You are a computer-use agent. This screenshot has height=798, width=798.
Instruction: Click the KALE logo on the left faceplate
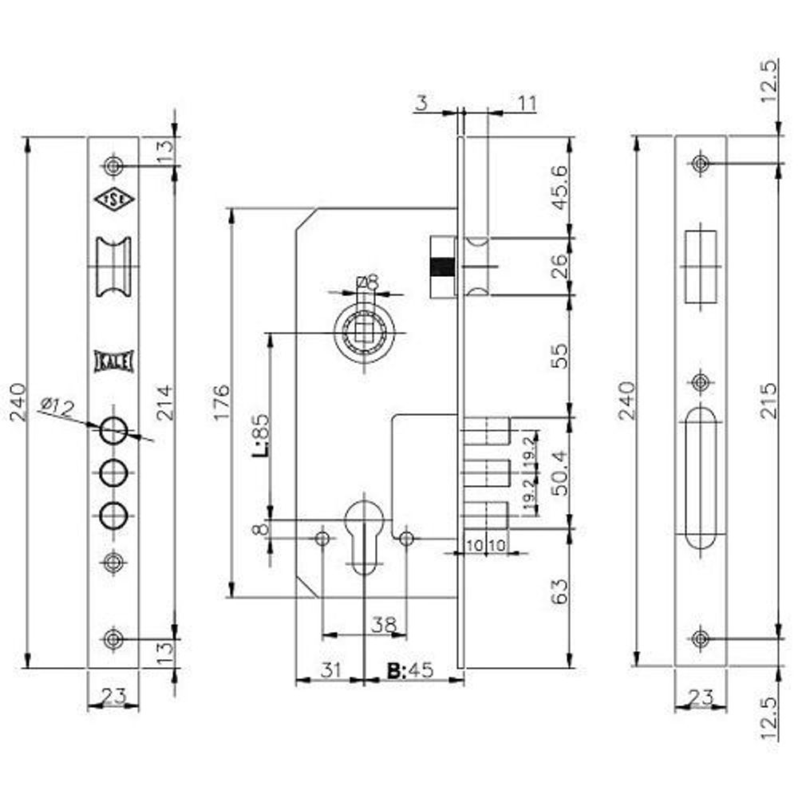pyautogui.click(x=113, y=361)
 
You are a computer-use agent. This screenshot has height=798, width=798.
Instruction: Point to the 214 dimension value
pyautogui.click(x=164, y=402)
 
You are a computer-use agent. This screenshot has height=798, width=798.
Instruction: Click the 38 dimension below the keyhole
pyautogui.click(x=385, y=626)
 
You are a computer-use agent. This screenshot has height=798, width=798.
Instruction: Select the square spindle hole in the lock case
pyautogui.click(x=365, y=330)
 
